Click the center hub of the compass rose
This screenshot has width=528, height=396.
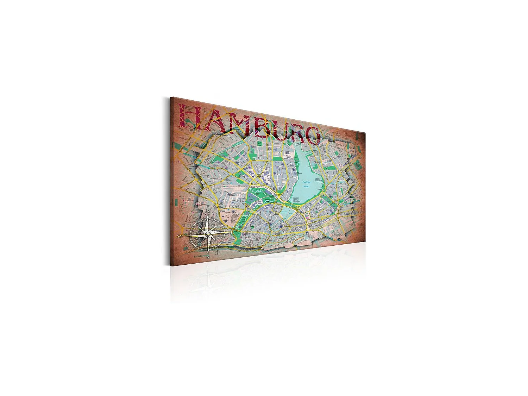coord(208,233)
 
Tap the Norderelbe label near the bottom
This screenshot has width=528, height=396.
coord(199,257)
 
